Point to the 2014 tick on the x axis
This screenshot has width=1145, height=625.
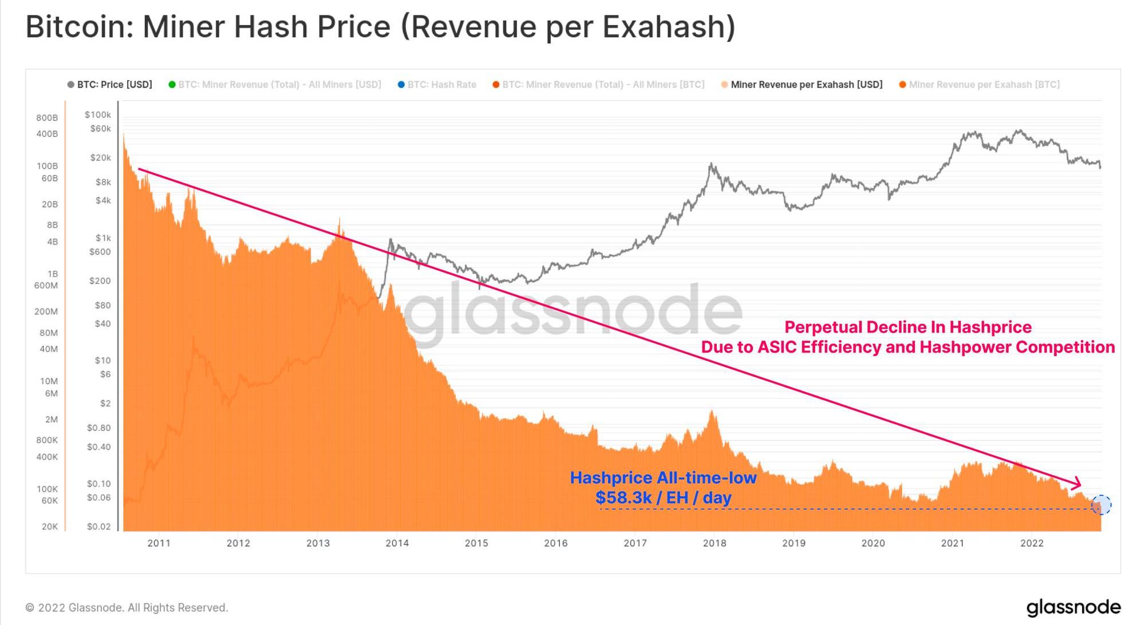tap(397, 543)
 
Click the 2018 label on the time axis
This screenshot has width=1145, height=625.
tap(714, 543)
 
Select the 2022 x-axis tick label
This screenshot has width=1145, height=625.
tap(1032, 543)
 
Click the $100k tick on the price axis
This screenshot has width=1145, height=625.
tap(98, 115)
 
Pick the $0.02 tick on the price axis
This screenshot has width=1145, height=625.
tap(98, 527)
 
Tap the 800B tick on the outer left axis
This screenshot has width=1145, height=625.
tap(47, 118)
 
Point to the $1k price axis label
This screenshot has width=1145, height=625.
tap(103, 238)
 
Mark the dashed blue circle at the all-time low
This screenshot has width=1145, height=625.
tap(1101, 505)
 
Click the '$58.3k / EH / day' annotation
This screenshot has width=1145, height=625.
tap(663, 498)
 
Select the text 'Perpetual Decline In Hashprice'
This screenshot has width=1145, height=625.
tap(907, 327)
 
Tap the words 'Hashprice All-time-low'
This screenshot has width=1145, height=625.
tap(663, 478)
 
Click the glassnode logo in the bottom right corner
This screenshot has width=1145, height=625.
tap(1073, 607)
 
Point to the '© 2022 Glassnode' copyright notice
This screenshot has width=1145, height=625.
tap(127, 608)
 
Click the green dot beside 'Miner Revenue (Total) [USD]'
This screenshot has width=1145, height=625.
tap(172, 85)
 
